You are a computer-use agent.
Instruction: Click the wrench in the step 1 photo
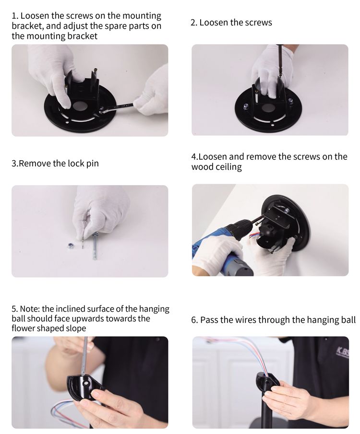(x=116, y=108)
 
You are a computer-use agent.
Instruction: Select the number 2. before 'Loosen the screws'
(x=194, y=23)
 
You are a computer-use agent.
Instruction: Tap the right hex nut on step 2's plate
(x=290, y=101)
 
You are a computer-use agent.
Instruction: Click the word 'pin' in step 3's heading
(x=92, y=164)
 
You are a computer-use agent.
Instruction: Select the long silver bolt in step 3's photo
(x=95, y=246)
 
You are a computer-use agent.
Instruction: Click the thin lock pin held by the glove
(x=83, y=242)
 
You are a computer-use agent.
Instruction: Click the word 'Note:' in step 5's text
(x=30, y=309)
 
